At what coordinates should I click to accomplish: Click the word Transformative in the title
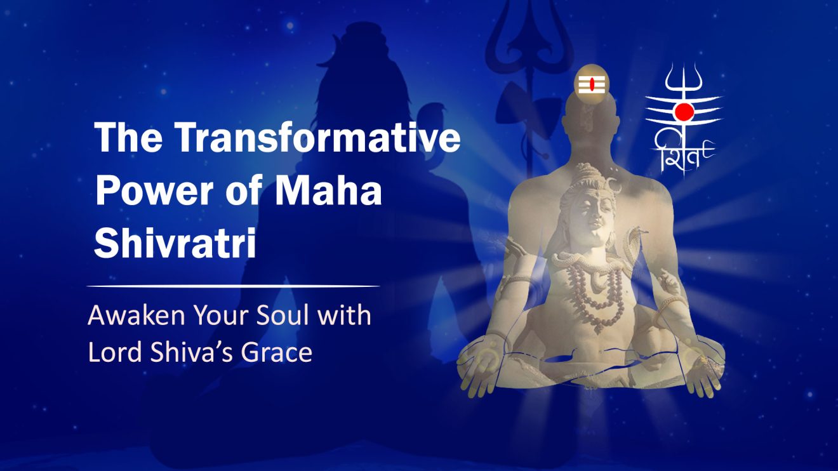317,138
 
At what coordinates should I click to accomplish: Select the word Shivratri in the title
175,244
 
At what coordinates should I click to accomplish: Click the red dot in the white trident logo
684,112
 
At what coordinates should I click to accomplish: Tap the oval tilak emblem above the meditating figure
590,83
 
